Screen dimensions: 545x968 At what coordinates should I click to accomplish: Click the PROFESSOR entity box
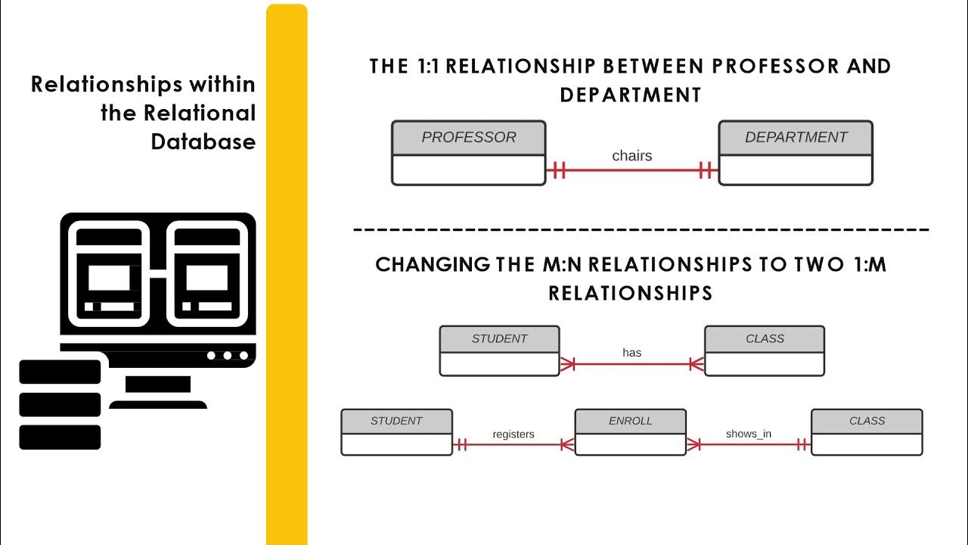pyautogui.click(x=468, y=153)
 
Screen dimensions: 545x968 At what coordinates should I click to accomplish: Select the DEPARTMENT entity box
pyautogui.click(x=796, y=153)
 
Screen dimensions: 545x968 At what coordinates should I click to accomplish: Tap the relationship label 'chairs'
pyautogui.click(x=631, y=156)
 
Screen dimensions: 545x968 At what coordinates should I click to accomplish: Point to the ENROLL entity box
pyautogui.click(x=630, y=432)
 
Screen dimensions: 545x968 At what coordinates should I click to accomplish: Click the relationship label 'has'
pyautogui.click(x=631, y=352)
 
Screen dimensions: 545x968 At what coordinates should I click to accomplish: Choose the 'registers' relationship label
pyautogui.click(x=513, y=434)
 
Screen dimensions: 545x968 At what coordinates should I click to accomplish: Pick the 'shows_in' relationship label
pyautogui.click(x=748, y=434)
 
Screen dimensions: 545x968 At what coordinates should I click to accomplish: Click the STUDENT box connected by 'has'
pyautogui.click(x=499, y=351)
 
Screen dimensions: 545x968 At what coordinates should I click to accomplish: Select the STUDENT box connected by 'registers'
pyautogui.click(x=396, y=432)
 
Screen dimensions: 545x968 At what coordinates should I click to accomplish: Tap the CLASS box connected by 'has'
pyautogui.click(x=765, y=351)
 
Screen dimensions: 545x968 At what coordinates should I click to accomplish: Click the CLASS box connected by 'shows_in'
pyautogui.click(x=867, y=432)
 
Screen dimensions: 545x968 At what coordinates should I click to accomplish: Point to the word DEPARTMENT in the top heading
pyautogui.click(x=631, y=95)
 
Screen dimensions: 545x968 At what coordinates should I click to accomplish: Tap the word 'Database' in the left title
pyautogui.click(x=203, y=142)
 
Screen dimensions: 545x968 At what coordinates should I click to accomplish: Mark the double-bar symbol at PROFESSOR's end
pyautogui.click(x=559, y=170)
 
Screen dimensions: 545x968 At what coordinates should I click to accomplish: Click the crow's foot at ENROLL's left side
pyautogui.click(x=567, y=444)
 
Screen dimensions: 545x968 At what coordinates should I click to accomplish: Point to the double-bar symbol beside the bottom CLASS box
pyautogui.click(x=802, y=444)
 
